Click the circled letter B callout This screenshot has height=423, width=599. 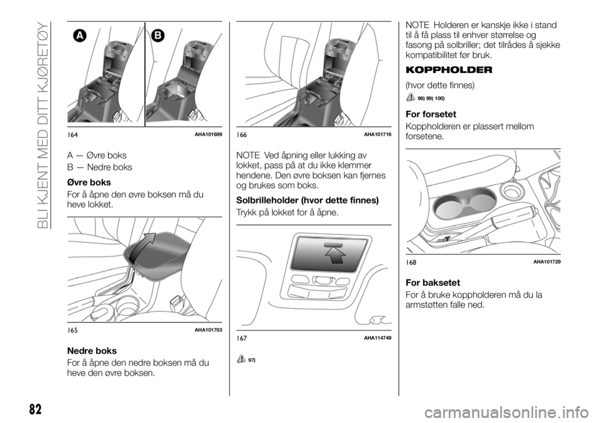158,36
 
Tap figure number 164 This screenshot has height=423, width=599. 72,135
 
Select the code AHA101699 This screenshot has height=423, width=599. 208,135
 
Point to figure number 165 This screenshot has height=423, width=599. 72,330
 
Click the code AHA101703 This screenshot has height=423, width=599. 208,330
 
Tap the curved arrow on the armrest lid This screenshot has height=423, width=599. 142,249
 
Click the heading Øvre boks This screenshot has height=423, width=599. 89,182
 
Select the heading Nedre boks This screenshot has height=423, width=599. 92,351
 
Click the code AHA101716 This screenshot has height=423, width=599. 377,135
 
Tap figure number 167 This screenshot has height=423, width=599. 242,338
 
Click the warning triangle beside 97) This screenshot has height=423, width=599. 241,359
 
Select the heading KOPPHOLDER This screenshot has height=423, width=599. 449,70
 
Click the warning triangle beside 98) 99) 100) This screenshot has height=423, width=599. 411,97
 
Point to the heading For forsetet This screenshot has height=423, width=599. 431,114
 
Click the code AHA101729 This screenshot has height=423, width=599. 547,262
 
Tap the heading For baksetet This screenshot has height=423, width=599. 433,283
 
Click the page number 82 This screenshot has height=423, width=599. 35,409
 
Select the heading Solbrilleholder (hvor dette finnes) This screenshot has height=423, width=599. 308,200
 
